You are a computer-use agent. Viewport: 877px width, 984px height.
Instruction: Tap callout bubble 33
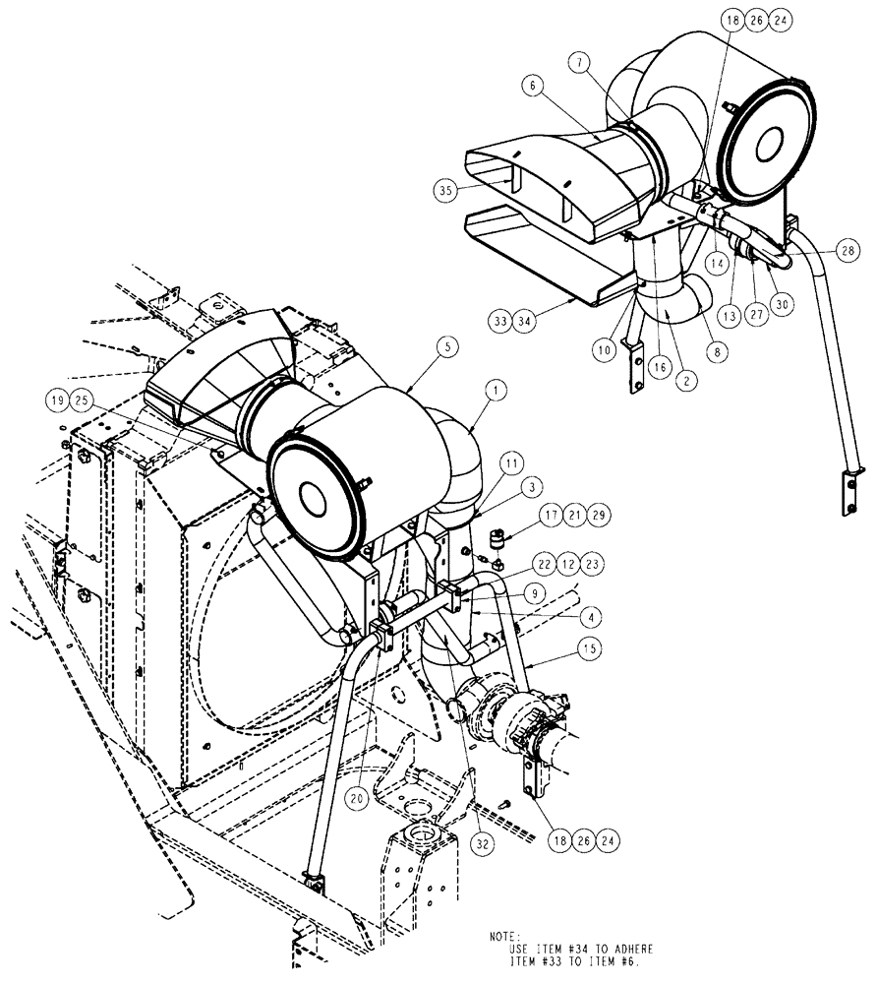coord(502,320)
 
